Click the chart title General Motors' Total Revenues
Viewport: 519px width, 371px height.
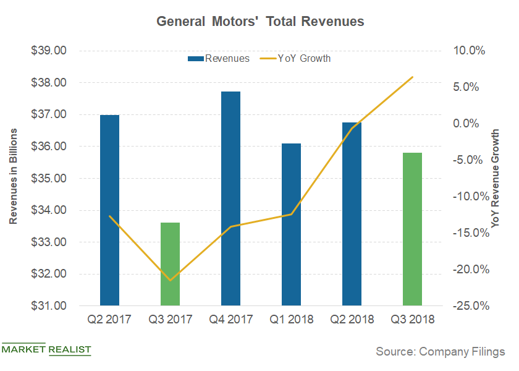pyautogui.click(x=260, y=21)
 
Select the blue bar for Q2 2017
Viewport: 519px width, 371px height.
pyautogui.click(x=109, y=210)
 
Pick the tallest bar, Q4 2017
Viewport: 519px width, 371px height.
pyautogui.click(x=230, y=198)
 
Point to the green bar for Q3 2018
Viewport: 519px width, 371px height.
pyautogui.click(x=412, y=229)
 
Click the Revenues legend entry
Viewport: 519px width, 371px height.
pyautogui.click(x=219, y=59)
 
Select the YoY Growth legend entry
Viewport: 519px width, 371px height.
pyautogui.click(x=295, y=59)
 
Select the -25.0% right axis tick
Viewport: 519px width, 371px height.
pyautogui.click(x=468, y=305)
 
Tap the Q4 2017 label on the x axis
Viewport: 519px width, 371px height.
pyautogui.click(x=230, y=320)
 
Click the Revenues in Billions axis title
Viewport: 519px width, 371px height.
pyautogui.click(x=13, y=178)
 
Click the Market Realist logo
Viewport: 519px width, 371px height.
pyautogui.click(x=46, y=349)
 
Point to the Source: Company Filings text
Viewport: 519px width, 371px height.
pyautogui.click(x=440, y=351)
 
